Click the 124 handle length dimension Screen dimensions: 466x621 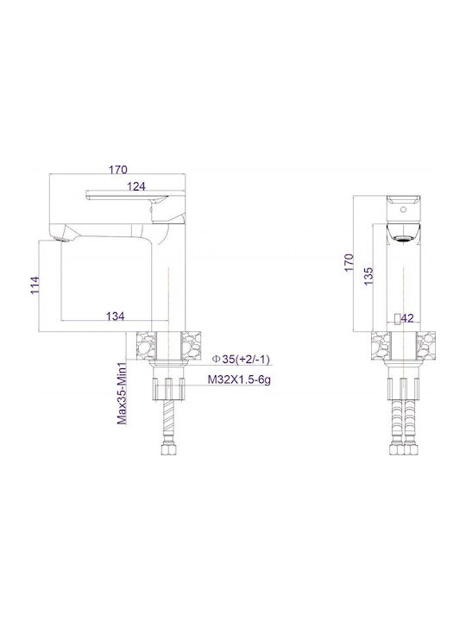pos(136,186)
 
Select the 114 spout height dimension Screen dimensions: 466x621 pos(35,285)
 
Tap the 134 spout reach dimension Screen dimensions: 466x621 pos(116,316)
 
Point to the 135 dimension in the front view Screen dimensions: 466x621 pos(368,277)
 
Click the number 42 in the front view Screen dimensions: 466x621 pos(407,318)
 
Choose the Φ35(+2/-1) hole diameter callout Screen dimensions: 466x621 pos(241,359)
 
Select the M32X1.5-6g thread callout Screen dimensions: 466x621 pos(239,379)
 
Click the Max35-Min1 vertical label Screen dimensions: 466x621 pos(123,392)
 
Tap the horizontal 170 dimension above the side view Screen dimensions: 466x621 pos(118,170)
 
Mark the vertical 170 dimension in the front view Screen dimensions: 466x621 pos(349,262)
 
